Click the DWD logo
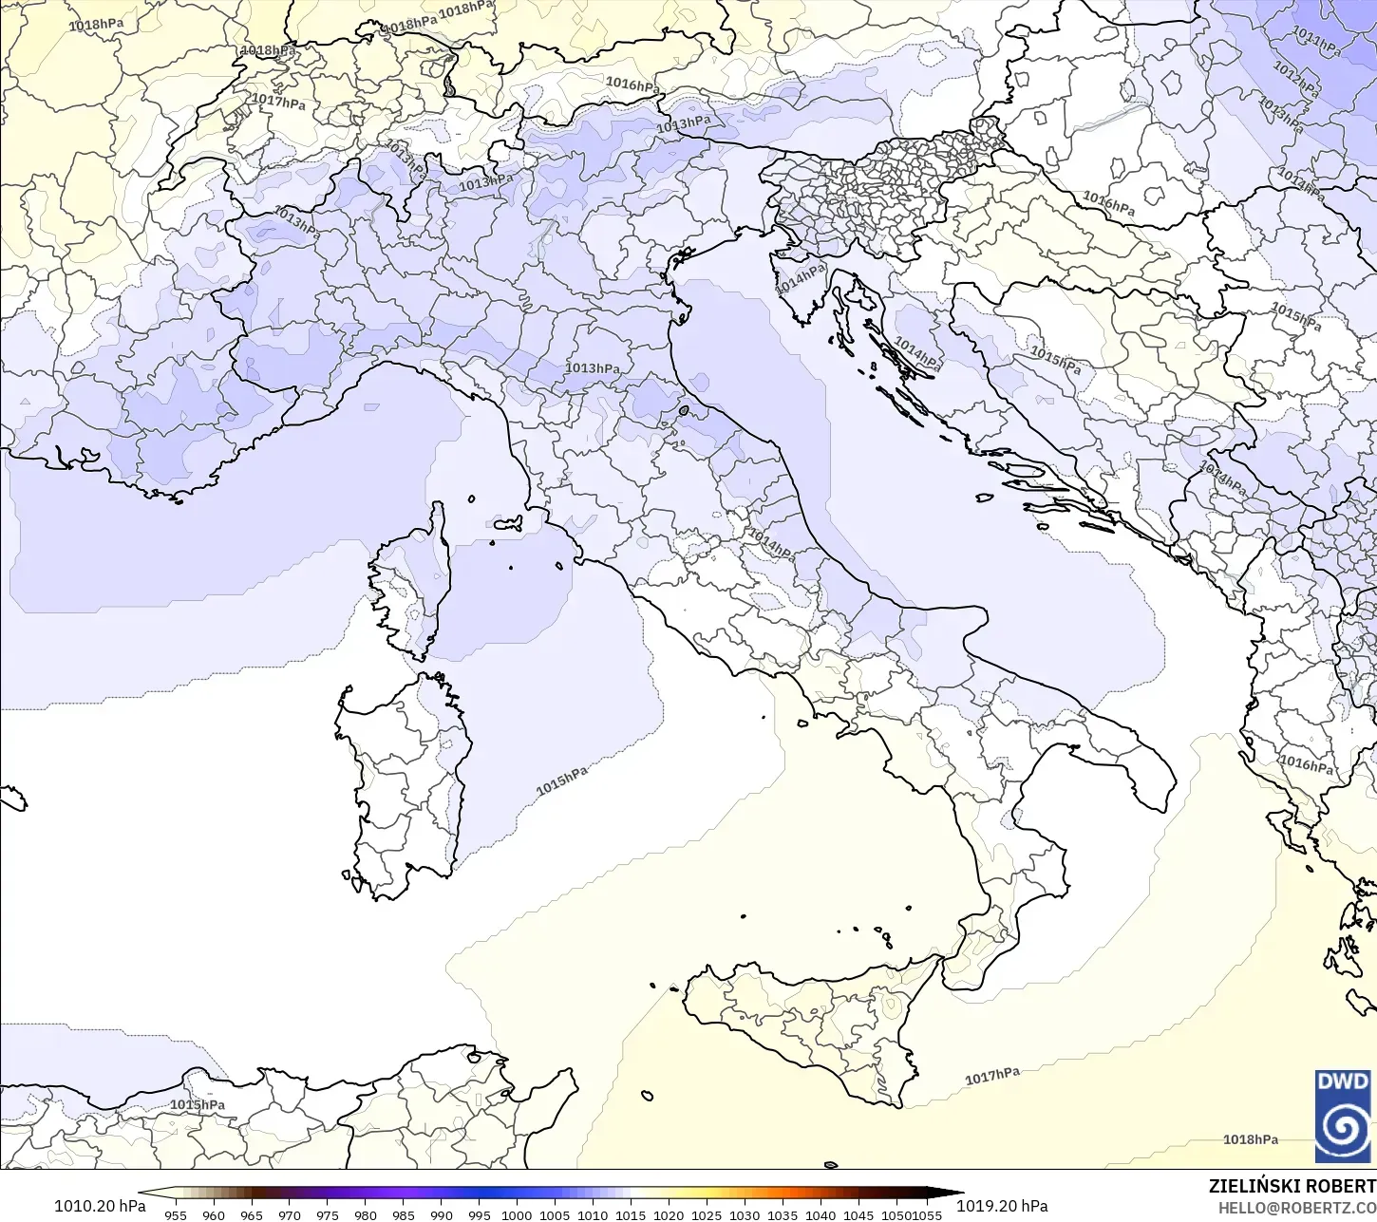click(1343, 1116)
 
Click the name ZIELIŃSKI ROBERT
click(1292, 1186)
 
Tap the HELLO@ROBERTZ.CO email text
click(1297, 1207)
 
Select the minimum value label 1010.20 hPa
click(100, 1206)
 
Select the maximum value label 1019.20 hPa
click(1002, 1206)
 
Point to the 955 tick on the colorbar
click(176, 1214)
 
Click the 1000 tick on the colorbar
click(517, 1214)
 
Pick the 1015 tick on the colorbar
click(631, 1214)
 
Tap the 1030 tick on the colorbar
click(745, 1214)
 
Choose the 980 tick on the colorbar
click(366, 1214)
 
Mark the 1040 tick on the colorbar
click(821, 1214)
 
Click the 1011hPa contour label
click(1316, 43)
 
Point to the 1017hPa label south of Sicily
click(992, 1076)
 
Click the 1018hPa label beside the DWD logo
click(1250, 1139)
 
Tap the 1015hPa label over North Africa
click(198, 1104)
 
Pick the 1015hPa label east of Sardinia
click(561, 781)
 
